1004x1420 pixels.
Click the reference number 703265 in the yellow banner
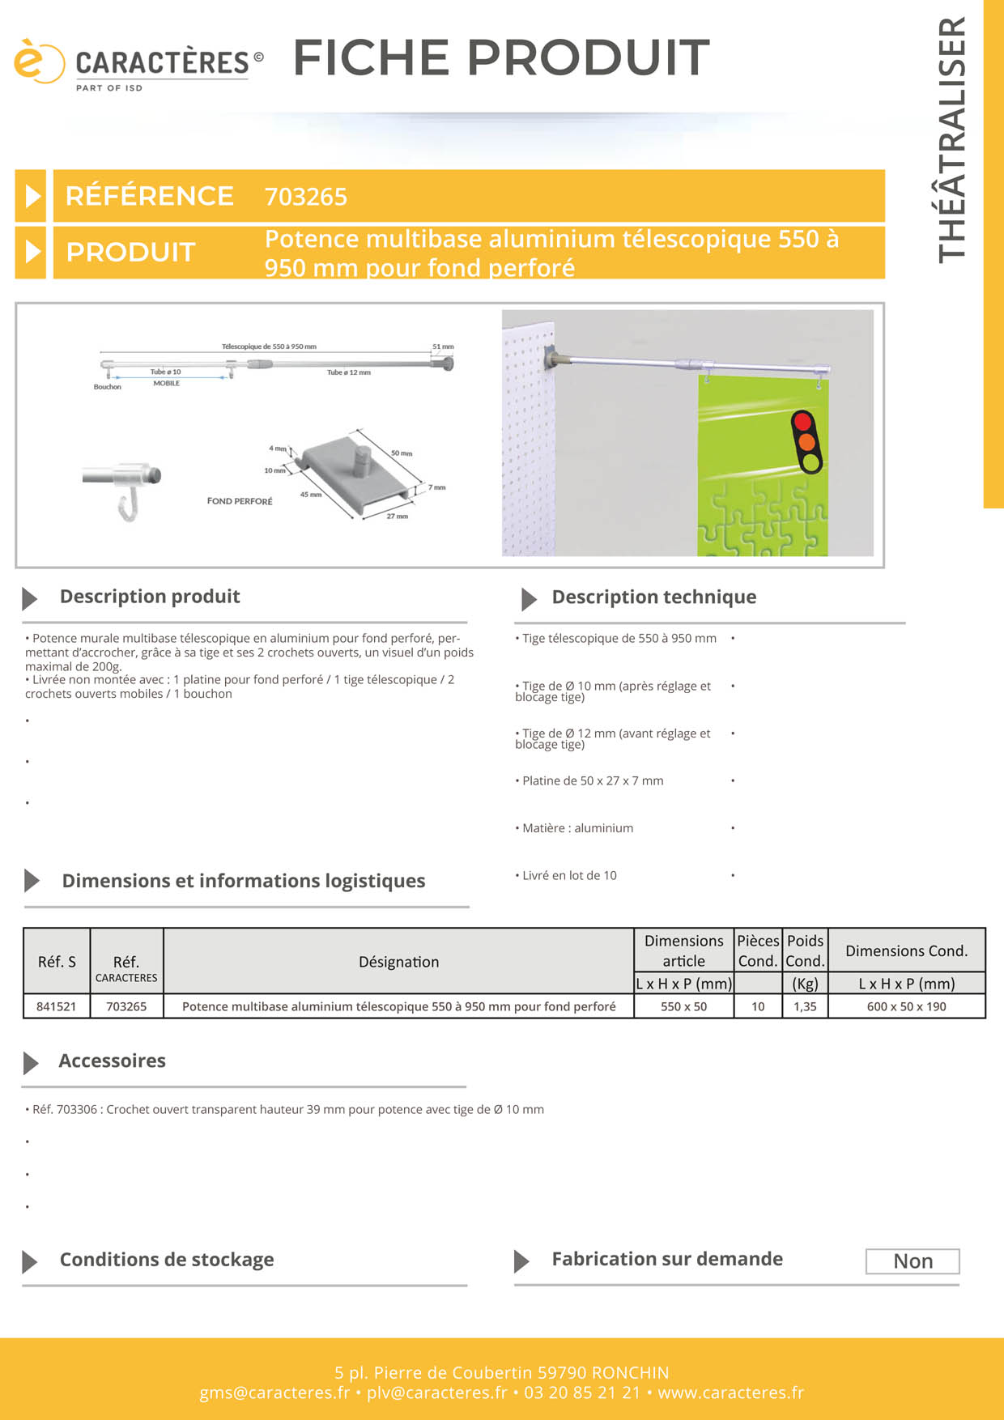pos(305,197)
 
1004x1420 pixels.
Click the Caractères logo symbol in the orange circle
pos(37,62)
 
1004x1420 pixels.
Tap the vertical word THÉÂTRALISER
pos(952,140)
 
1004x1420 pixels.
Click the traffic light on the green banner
pos(806,442)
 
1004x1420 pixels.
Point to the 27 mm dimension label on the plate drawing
pos(397,516)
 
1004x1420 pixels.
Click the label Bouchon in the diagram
pos(107,387)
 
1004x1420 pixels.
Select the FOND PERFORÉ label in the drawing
pos(240,501)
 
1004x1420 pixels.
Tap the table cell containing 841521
pos(57,1006)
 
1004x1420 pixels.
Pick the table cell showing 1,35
pos(805,1006)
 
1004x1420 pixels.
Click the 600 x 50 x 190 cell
pos(906,1006)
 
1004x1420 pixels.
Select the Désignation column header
pos(398,962)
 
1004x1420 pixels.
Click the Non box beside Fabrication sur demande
pos(913,1261)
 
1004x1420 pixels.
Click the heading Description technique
pos(653,597)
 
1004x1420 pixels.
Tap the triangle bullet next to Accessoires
pos(31,1062)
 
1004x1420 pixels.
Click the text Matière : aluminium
pos(577,828)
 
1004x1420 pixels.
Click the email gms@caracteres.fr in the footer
pos(274,1392)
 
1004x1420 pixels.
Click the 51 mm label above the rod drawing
pos(443,346)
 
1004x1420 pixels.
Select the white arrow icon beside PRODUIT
pos(32,252)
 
